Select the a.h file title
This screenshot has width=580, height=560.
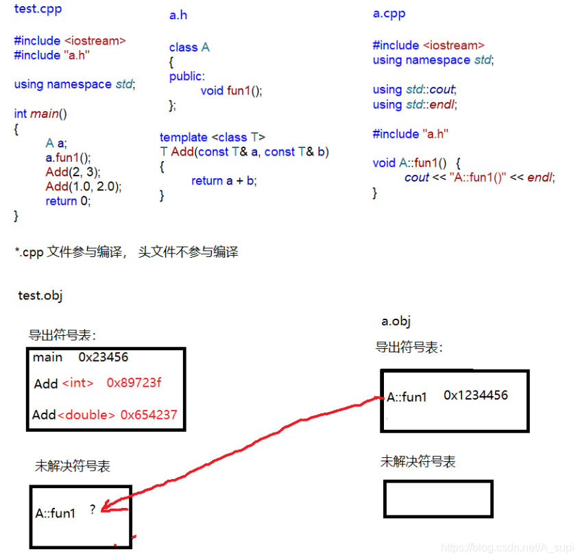click(178, 15)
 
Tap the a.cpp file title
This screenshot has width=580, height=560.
click(389, 14)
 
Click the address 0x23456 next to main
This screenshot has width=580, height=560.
click(103, 357)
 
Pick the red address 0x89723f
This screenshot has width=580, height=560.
click(134, 383)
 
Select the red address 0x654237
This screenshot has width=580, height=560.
click(149, 415)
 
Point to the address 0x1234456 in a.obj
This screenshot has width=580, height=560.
click(475, 395)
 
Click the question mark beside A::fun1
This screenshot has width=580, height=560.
click(93, 509)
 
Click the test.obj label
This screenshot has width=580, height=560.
click(40, 295)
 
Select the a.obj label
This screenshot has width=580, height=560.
click(396, 321)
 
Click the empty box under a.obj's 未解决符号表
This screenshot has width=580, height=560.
click(437, 498)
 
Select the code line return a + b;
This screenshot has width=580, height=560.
click(223, 181)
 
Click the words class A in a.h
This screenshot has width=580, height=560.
click(189, 47)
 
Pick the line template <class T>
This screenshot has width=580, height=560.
click(213, 137)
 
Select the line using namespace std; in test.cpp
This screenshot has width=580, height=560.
click(74, 84)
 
